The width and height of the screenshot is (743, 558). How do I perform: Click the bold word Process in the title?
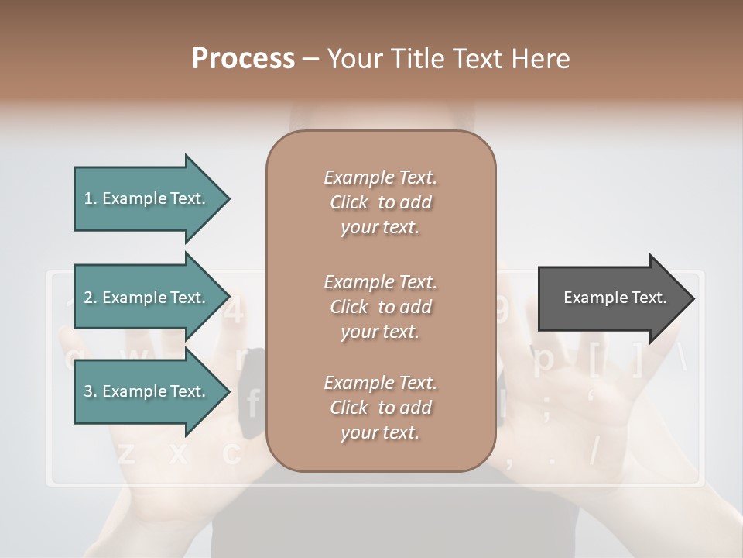coord(243,59)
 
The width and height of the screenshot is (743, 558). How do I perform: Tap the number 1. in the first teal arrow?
coord(91,198)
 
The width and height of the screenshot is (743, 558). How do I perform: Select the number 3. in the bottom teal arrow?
coord(91,391)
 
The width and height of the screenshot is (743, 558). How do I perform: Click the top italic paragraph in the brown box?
coord(380,202)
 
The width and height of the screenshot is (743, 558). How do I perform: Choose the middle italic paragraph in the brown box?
coord(380,307)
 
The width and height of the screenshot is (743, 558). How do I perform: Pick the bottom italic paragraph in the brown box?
coord(380,408)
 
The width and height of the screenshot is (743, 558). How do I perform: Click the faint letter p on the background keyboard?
coord(544,360)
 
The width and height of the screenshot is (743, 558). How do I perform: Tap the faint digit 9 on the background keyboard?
coord(502,311)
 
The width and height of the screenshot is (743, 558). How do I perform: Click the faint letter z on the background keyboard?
coord(126,454)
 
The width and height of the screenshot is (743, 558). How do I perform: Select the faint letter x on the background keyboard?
coord(179,454)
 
